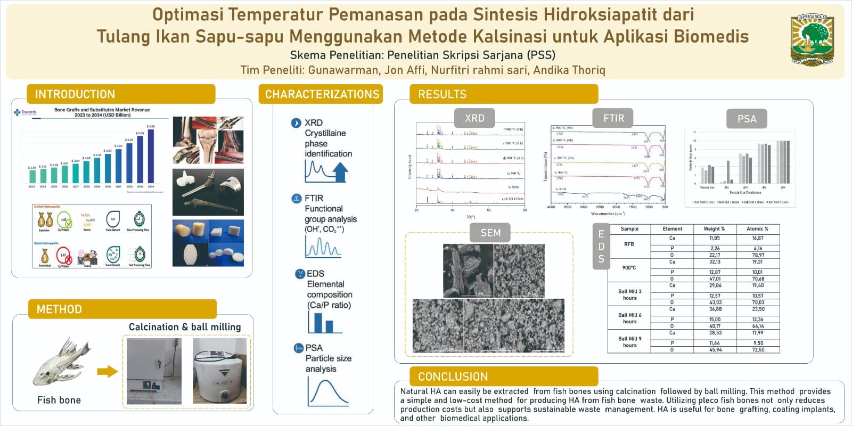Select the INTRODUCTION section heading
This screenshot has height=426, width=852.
click(x=75, y=94)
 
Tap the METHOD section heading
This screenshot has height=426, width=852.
click(x=59, y=309)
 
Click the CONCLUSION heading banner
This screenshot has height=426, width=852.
click(x=453, y=376)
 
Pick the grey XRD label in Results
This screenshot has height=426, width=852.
click(x=474, y=118)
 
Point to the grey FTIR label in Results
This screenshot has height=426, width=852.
click(x=613, y=118)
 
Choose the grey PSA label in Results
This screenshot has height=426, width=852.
click(x=747, y=119)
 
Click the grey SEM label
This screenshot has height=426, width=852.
click(x=490, y=233)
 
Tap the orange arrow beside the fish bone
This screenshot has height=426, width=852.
click(x=107, y=371)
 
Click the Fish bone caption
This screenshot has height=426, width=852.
click(x=59, y=400)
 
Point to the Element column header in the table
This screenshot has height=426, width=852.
click(x=672, y=229)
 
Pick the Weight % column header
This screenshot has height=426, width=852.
click(x=714, y=229)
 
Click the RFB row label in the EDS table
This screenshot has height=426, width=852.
click(x=629, y=244)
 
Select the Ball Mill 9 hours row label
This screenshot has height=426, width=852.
click(x=629, y=342)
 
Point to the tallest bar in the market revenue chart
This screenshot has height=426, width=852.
click(x=151, y=155)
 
